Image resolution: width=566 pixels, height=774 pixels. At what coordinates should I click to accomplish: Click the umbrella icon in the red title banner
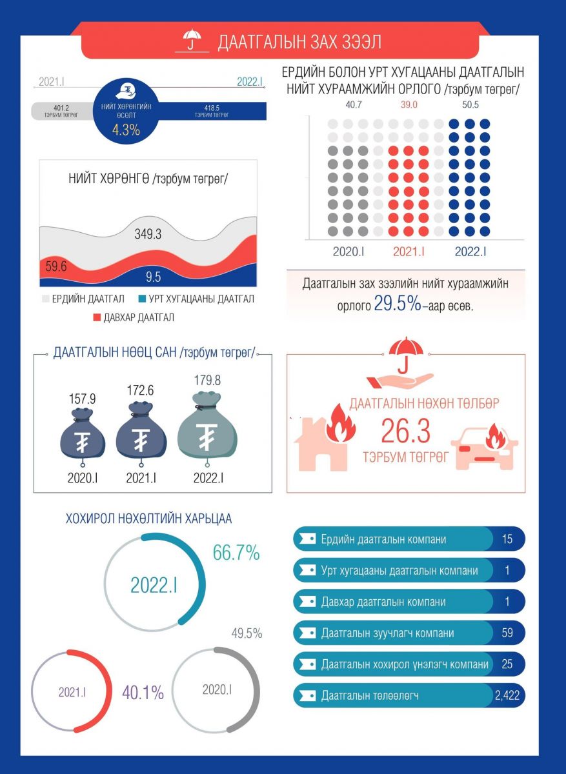[x=191, y=41]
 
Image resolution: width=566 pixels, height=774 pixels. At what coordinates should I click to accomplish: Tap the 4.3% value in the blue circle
[x=126, y=130]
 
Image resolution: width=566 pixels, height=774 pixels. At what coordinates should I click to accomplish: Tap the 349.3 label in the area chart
[x=148, y=235]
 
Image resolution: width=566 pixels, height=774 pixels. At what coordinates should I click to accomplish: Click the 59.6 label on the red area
[x=56, y=265]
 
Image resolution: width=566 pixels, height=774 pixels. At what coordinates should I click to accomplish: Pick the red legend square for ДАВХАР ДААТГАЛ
[x=98, y=317]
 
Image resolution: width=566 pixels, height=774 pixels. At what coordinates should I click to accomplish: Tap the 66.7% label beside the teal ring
[x=236, y=553]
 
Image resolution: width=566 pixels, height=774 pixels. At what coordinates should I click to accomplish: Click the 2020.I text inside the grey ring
[x=217, y=690]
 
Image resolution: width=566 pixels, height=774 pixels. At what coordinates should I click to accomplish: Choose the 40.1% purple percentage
[x=143, y=693]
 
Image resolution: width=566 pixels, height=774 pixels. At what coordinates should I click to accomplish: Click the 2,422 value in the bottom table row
[x=507, y=695]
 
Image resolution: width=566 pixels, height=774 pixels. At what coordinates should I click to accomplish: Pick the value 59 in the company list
[x=507, y=633]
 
